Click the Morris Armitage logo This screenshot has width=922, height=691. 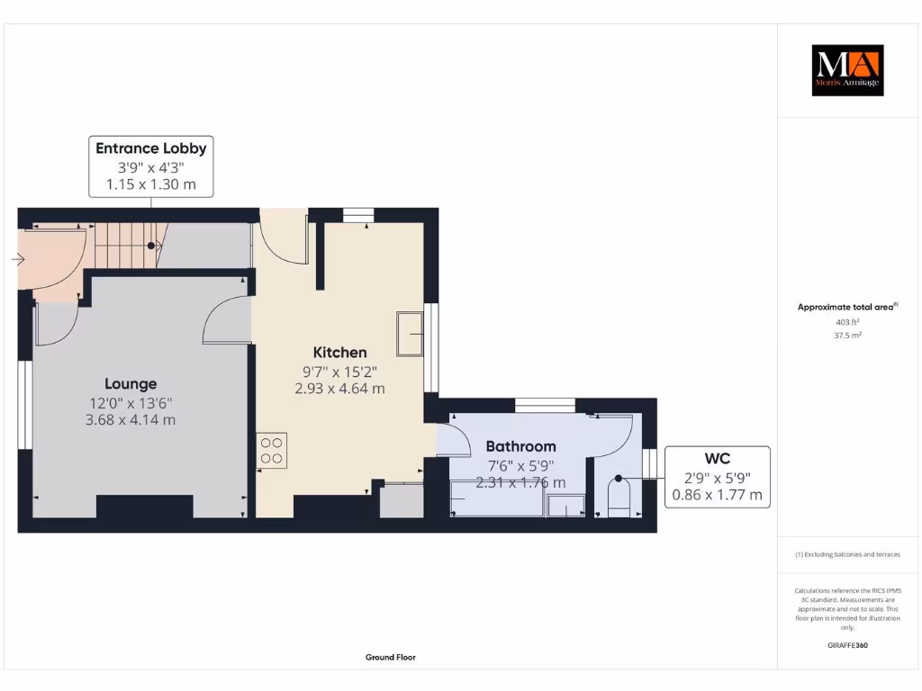pyautogui.click(x=847, y=70)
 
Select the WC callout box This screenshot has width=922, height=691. pyautogui.click(x=717, y=477)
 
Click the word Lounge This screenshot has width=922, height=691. pyautogui.click(x=131, y=383)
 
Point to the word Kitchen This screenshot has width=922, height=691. pyautogui.click(x=339, y=352)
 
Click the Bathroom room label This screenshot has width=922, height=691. pyautogui.click(x=520, y=446)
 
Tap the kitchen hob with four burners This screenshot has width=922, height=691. pyautogui.click(x=273, y=451)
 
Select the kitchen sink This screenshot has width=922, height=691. pyautogui.click(x=410, y=334)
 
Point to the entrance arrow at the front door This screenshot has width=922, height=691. pyautogui.click(x=18, y=261)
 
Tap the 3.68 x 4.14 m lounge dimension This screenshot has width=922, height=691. pyautogui.click(x=131, y=419)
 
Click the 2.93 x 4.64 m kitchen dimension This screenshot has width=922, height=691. pyautogui.click(x=339, y=389)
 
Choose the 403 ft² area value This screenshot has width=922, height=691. pyautogui.click(x=847, y=321)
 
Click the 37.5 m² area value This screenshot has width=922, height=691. pyautogui.click(x=847, y=335)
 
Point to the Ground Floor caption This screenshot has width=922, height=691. pyautogui.click(x=391, y=658)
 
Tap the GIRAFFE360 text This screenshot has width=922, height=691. pyautogui.click(x=847, y=645)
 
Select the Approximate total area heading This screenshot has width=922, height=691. pyautogui.click(x=846, y=307)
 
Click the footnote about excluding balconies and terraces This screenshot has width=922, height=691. pyautogui.click(x=847, y=554)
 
